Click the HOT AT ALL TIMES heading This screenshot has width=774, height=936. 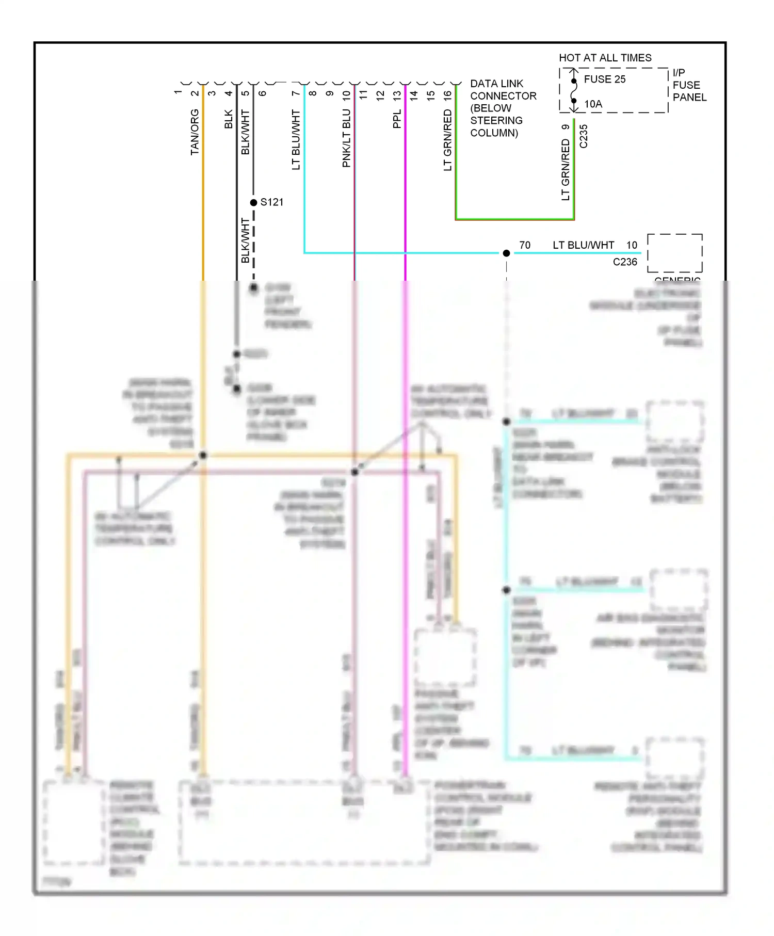[x=605, y=58]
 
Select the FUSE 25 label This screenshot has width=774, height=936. [x=604, y=79]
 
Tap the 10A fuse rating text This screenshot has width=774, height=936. [x=593, y=104]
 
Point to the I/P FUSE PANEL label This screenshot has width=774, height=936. [x=689, y=85]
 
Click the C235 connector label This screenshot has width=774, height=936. [x=584, y=136]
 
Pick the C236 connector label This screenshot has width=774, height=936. [x=625, y=262]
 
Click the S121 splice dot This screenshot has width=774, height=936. [x=253, y=202]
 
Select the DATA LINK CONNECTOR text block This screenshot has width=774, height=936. [x=503, y=108]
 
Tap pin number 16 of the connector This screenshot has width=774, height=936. [x=447, y=95]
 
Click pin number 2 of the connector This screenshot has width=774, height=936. [x=195, y=93]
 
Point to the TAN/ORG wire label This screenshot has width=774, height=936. [x=195, y=132]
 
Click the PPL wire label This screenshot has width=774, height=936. [x=397, y=119]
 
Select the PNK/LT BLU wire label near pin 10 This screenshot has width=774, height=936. [x=346, y=138]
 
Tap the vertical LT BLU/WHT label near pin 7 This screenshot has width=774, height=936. [x=296, y=139]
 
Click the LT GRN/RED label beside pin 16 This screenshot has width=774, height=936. [x=447, y=140]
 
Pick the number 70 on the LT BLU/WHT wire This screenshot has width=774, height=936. [x=525, y=245]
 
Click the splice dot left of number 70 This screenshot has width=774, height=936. [x=506, y=253]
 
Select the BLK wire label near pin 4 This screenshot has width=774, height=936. [x=229, y=119]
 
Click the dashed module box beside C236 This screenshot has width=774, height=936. [x=674, y=253]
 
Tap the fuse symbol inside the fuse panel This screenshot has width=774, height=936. [x=574, y=91]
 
